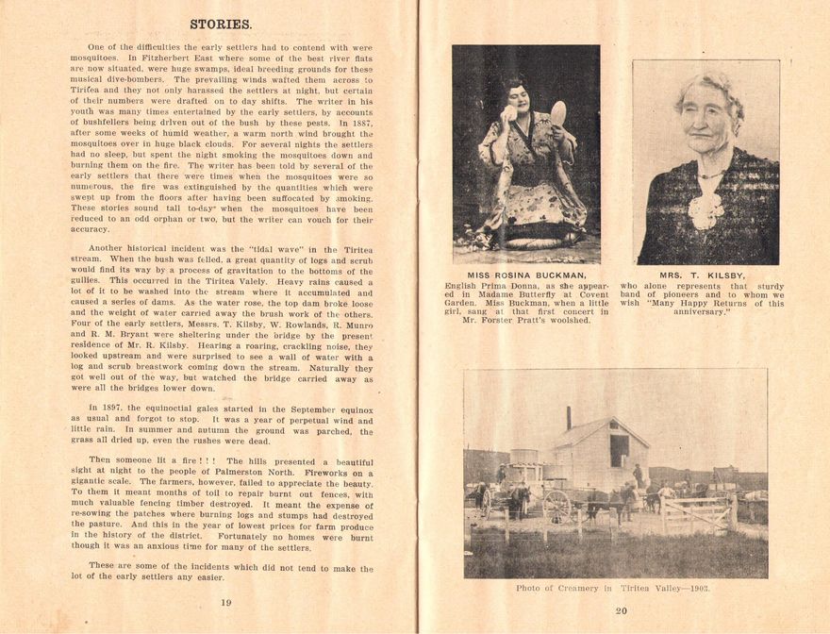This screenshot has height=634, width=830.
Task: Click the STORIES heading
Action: coord(220,24)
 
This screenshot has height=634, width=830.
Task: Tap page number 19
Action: coord(226,601)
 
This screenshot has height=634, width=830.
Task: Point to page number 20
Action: coord(621,610)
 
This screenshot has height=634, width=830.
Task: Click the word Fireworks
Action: coord(328,473)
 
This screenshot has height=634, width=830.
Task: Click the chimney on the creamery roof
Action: coord(569,417)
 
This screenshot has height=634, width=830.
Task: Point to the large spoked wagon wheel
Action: coord(556,506)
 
